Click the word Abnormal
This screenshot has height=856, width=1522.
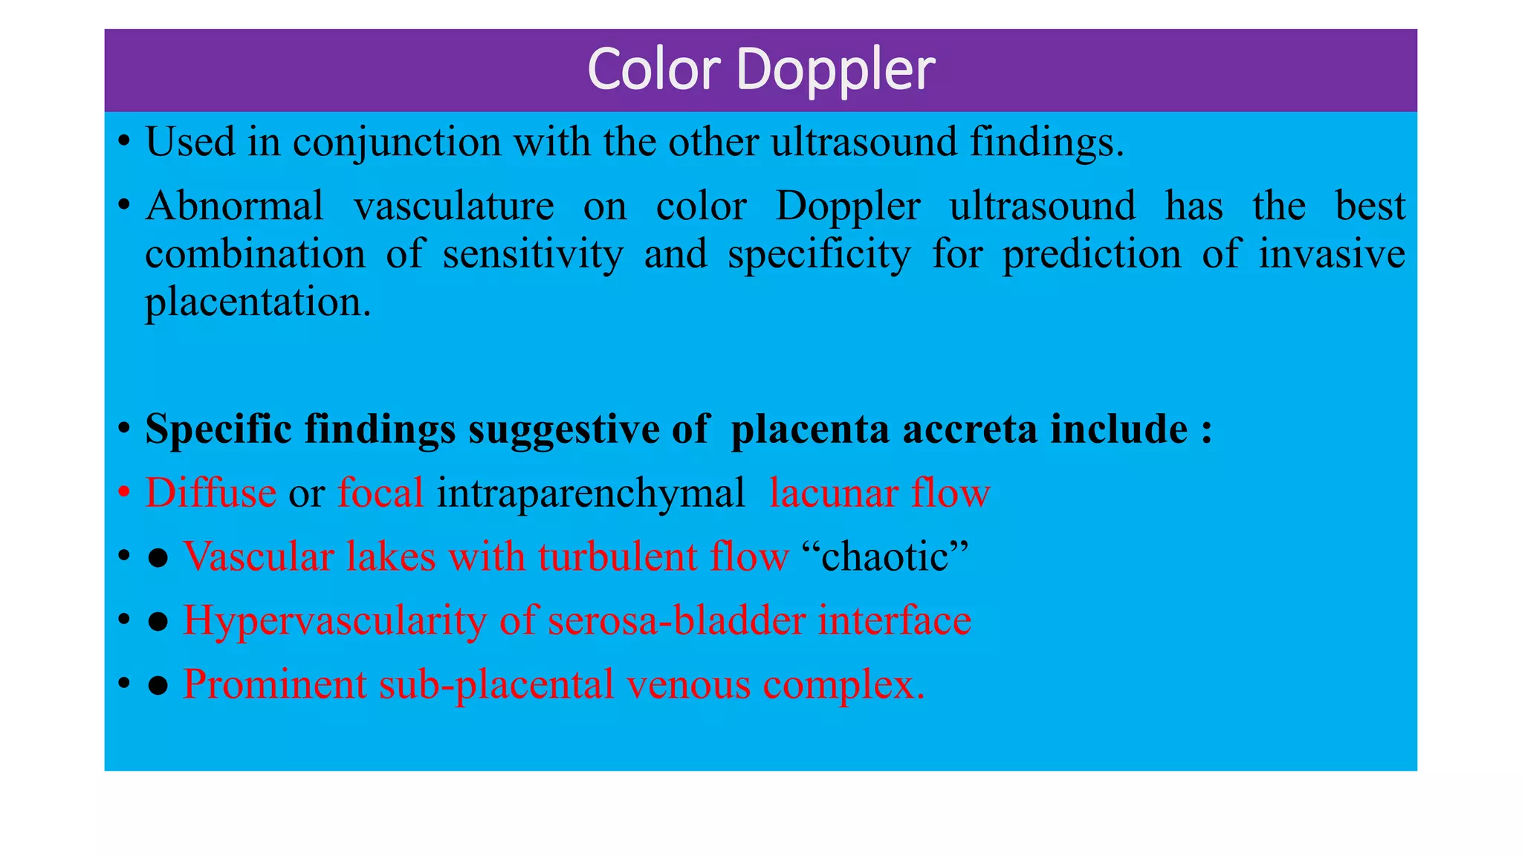(234, 206)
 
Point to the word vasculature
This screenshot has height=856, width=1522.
(453, 206)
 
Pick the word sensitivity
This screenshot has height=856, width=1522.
(533, 254)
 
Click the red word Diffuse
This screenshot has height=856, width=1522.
(210, 493)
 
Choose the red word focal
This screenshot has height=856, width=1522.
(380, 493)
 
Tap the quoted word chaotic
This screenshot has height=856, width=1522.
(886, 557)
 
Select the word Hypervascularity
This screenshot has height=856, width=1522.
(334, 621)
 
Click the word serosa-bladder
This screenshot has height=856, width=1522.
(676, 620)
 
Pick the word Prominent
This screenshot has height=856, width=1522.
(274, 684)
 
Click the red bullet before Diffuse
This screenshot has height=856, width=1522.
(125, 493)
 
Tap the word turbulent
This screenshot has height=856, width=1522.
(618, 557)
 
